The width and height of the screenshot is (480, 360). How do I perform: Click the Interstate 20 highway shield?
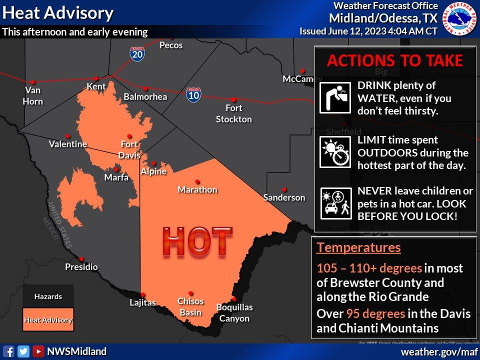click(x=137, y=53)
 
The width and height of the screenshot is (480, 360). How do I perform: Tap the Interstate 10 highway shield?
click(x=193, y=94)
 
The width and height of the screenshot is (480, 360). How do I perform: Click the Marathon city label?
click(x=197, y=189)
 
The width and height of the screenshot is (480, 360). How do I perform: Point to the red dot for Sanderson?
click(x=284, y=189)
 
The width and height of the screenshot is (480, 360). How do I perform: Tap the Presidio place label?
click(x=81, y=267)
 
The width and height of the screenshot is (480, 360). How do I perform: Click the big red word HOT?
click(x=197, y=242)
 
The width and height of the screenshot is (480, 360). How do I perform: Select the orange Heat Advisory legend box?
click(x=48, y=320)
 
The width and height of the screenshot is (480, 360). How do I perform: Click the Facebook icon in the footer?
click(x=8, y=351)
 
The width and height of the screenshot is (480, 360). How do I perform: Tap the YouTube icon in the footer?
click(x=38, y=351)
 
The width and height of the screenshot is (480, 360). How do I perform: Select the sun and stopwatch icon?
click(x=334, y=152)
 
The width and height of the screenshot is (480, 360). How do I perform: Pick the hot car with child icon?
click(x=334, y=203)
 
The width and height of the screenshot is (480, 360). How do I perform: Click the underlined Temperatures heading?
click(x=358, y=247)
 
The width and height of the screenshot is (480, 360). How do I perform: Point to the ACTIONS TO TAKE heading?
click(x=394, y=61)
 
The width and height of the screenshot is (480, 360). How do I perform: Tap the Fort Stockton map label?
click(x=233, y=113)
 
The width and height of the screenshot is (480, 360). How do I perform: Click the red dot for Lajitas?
click(x=143, y=294)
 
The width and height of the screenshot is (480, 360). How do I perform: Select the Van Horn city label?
click(x=33, y=96)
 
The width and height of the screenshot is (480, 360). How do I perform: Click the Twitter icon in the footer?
click(x=23, y=351)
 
